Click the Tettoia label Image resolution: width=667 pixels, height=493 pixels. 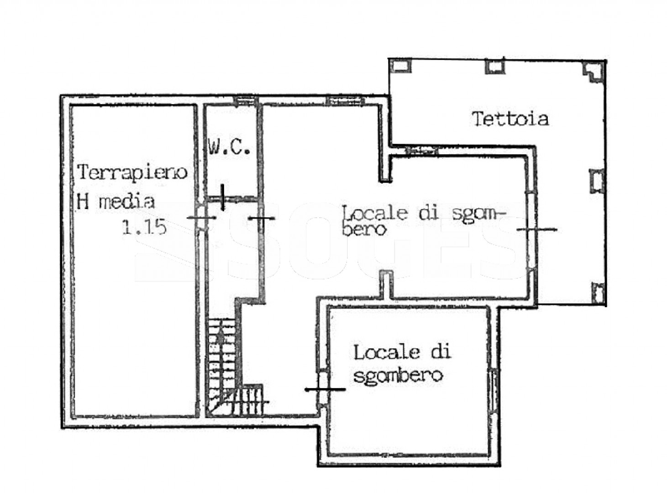coord(510,119)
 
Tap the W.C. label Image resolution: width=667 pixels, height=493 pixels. coord(229,147)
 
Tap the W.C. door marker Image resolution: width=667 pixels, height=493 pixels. coord(222,198)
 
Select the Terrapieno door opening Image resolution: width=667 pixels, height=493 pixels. coord(201,218)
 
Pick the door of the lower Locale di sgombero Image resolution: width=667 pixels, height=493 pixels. coord(324,389)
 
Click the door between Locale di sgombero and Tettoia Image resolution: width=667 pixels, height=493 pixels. coord(532,230)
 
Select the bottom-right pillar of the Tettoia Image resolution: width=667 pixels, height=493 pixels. coord(598,293)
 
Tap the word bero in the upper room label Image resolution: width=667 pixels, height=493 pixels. coord(364,230)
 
